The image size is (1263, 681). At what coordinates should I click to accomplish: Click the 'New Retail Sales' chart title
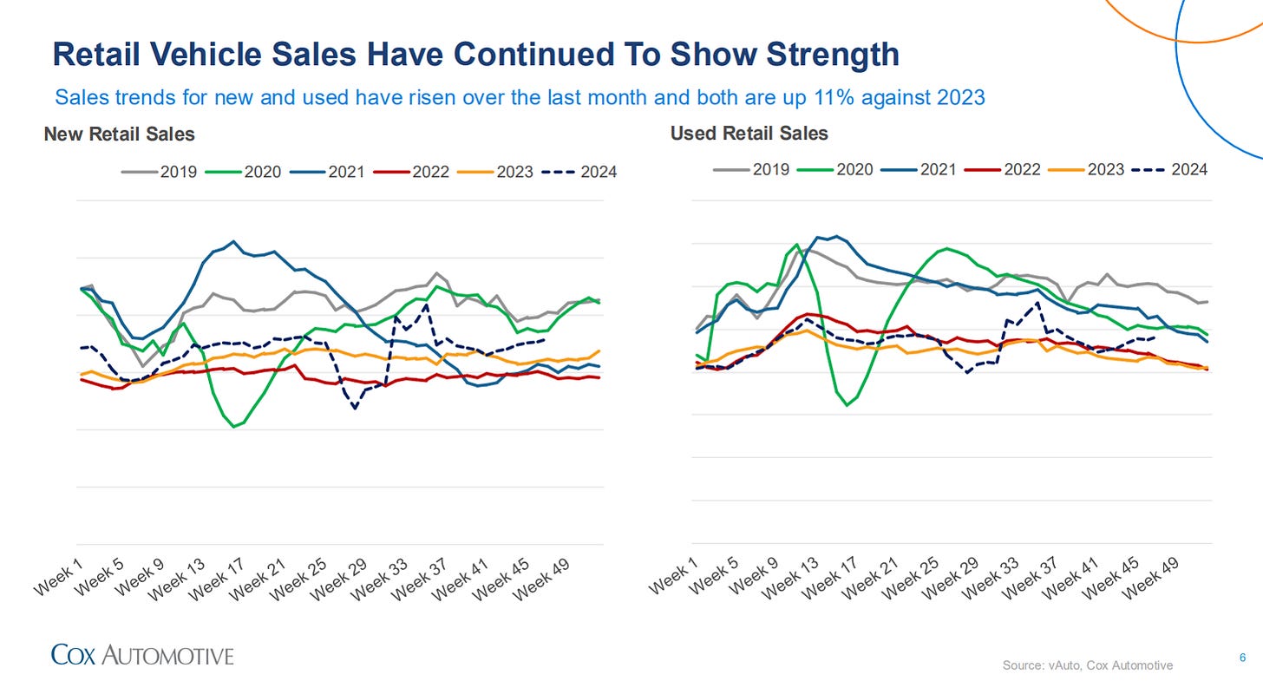119,134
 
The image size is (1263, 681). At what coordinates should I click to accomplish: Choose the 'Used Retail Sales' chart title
749,134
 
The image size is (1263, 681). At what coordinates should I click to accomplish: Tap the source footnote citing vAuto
1087,665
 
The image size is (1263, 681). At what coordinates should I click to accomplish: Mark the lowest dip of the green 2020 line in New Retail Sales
233,427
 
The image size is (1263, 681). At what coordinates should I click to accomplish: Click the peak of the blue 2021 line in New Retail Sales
232,241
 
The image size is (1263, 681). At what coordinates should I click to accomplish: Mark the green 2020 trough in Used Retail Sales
847,405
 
